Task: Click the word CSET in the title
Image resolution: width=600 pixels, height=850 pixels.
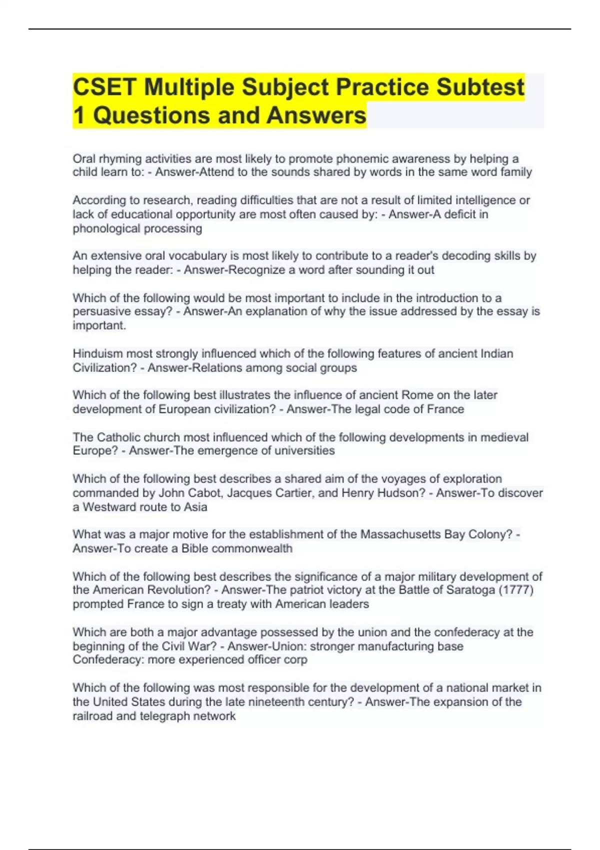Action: pyautogui.click(x=104, y=87)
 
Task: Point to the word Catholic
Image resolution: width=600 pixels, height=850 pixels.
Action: pyautogui.click(x=118, y=437)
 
